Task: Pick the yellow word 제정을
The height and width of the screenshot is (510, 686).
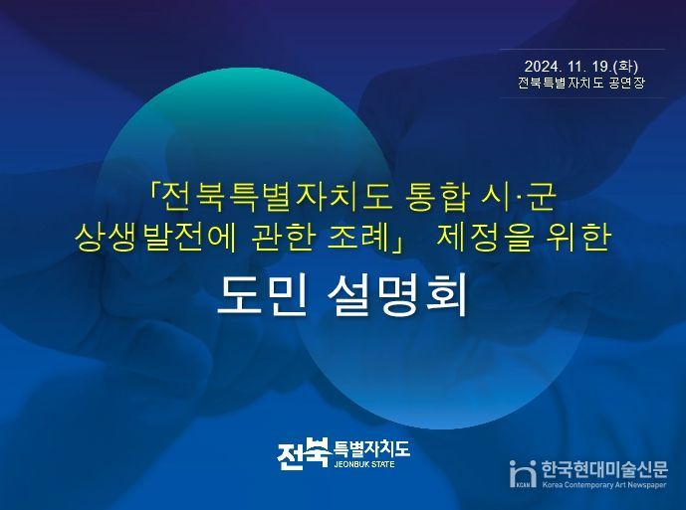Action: [x=488, y=238]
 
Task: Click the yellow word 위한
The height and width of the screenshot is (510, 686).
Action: [x=579, y=238]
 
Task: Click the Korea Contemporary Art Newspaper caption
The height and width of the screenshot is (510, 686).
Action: [x=604, y=486]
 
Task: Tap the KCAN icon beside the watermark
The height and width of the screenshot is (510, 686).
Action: [x=522, y=474]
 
